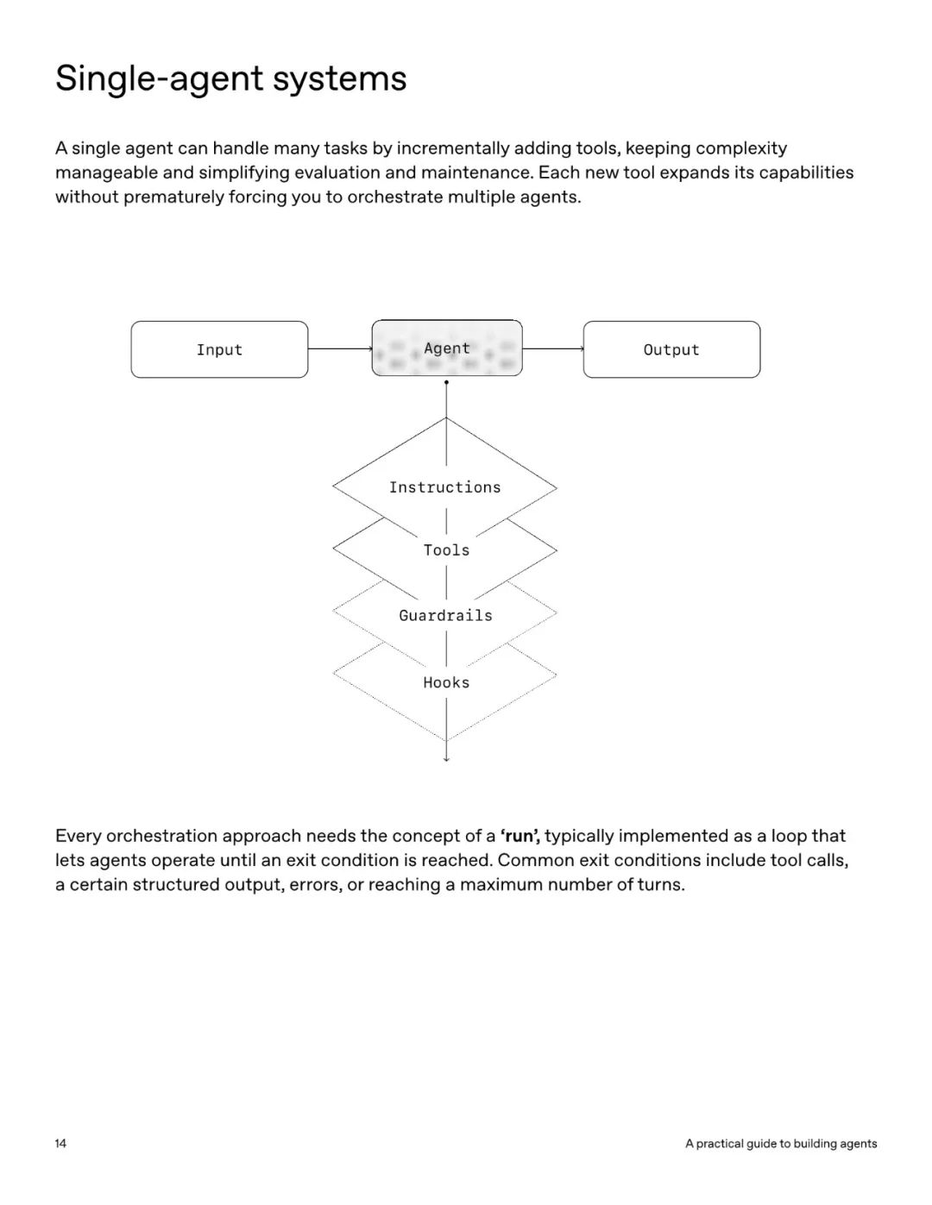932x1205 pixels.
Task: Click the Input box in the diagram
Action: [219, 349]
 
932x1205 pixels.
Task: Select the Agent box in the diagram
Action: [447, 348]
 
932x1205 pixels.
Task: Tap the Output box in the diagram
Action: [671, 349]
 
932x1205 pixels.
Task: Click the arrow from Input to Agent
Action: [339, 348]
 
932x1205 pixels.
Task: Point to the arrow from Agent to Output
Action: [552, 348]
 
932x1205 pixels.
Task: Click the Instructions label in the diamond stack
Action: [444, 487]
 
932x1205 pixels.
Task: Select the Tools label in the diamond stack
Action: [446, 550]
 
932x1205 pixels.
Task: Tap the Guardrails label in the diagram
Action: [445, 616]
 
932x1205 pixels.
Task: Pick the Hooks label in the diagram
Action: [446, 682]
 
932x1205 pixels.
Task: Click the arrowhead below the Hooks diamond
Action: [446, 758]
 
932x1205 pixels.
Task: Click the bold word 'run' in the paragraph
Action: [520, 836]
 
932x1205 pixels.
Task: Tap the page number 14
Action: [60, 1144]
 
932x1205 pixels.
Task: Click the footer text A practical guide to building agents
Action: [781, 1144]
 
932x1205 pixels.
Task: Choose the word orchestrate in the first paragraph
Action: [394, 197]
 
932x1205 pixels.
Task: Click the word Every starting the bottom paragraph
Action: [78, 836]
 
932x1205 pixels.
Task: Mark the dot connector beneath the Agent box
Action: [446, 382]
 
